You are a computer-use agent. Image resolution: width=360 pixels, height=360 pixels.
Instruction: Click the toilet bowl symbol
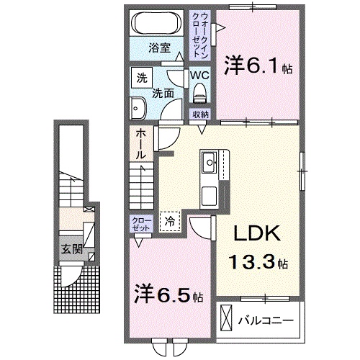tap(199, 92)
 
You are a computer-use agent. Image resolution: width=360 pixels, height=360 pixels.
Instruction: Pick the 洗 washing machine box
tap(142, 77)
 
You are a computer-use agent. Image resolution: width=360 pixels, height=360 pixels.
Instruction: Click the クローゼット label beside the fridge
tap(140, 222)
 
